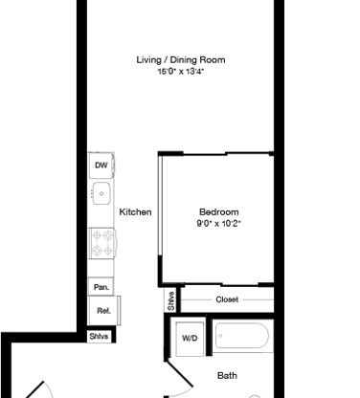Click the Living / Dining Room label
click(x=181, y=60)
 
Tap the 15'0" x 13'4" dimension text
click(x=181, y=71)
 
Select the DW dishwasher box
click(x=101, y=166)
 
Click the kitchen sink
click(x=101, y=193)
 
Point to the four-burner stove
click(x=102, y=243)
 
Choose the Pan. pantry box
click(x=101, y=287)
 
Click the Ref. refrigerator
click(x=104, y=311)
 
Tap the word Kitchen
click(x=135, y=212)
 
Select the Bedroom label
click(x=219, y=212)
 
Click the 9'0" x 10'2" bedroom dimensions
click(x=219, y=223)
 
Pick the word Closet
click(x=227, y=299)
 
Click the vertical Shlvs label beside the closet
click(x=171, y=300)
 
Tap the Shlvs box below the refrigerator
click(x=99, y=336)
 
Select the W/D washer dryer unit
click(x=190, y=339)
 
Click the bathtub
click(x=242, y=336)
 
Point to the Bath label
click(x=227, y=376)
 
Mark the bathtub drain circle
click(x=220, y=336)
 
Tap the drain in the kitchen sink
click(x=101, y=193)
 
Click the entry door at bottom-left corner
click(x=34, y=389)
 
